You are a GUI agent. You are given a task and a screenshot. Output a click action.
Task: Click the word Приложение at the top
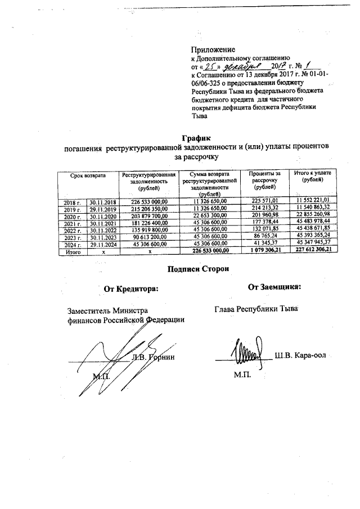(213, 49)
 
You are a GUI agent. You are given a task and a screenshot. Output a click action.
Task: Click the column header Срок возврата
(88, 175)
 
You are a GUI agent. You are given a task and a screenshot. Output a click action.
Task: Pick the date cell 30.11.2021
(102, 222)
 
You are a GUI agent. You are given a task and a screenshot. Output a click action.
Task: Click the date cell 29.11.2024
(102, 244)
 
